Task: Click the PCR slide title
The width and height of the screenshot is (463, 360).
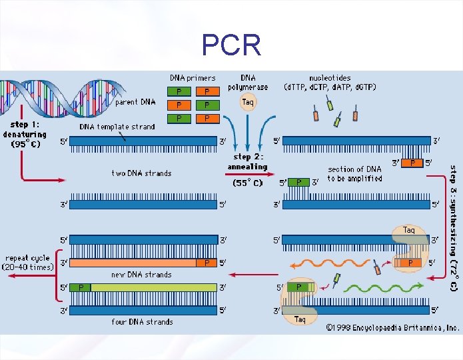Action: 231,45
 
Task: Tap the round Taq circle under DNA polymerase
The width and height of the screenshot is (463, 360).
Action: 248,102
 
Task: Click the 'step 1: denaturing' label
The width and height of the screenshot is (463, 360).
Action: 25,134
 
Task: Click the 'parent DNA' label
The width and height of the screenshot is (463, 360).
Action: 135,102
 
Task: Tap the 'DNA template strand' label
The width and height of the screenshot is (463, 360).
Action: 117,127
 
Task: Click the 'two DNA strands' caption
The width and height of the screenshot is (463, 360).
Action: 141,173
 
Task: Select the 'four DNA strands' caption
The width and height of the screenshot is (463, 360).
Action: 142,322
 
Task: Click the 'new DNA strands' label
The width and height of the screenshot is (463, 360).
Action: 141,275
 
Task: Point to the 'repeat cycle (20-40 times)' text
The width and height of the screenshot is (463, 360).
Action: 29,263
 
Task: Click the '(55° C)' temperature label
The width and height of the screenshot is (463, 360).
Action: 248,183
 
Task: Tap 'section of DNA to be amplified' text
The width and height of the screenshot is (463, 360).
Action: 355,174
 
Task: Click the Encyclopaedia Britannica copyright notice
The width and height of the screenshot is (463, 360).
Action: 392,327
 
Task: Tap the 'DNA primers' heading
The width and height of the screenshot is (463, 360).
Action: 193,78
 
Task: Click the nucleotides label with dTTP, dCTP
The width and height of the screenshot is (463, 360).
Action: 330,83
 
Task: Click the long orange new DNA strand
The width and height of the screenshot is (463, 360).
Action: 133,263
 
